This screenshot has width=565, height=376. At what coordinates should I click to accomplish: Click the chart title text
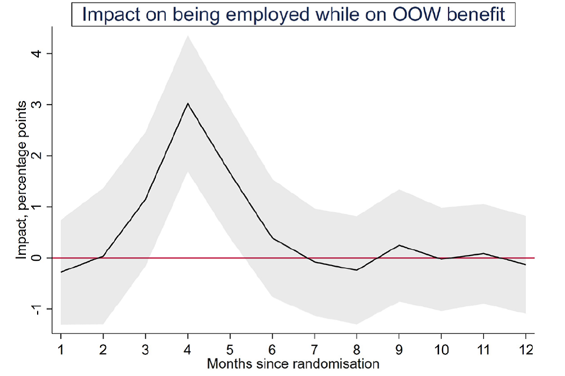(293, 14)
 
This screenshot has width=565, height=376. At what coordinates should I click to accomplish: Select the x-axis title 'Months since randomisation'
(293, 364)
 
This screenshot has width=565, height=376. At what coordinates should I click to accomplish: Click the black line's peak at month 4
(188, 103)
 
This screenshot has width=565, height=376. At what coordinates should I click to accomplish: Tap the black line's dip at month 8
(357, 270)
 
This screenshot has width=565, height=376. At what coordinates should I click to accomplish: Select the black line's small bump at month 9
(399, 245)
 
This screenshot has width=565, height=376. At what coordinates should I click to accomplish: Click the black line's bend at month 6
(272, 238)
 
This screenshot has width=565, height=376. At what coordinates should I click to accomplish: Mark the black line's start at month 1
(61, 272)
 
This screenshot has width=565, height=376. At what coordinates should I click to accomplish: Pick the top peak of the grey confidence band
(188, 36)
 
